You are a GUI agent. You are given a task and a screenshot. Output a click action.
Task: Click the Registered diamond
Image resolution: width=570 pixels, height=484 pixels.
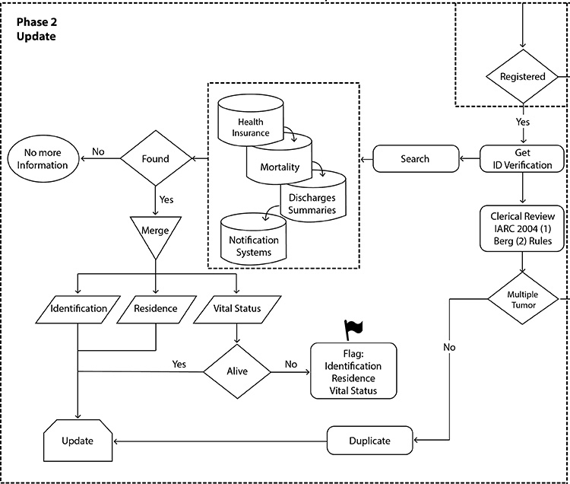pyautogui.click(x=522, y=77)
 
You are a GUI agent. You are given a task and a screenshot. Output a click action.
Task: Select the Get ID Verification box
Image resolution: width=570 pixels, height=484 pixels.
pyautogui.click(x=522, y=158)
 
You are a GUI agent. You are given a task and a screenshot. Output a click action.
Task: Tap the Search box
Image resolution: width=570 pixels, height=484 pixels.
pyautogui.click(x=414, y=159)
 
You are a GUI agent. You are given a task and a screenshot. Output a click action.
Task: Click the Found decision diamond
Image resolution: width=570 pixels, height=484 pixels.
pyautogui.click(x=155, y=158)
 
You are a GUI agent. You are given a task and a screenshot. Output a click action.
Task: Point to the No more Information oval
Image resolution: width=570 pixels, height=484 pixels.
pyautogui.click(x=48, y=158)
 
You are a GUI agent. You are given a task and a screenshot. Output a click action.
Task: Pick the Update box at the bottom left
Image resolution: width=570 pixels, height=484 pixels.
pyautogui.click(x=78, y=441)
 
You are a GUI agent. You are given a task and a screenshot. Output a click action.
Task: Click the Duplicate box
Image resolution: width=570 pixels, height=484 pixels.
pyautogui.click(x=369, y=441)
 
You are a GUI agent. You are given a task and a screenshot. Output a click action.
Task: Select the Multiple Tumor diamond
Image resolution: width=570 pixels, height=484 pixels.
pyautogui.click(x=522, y=299)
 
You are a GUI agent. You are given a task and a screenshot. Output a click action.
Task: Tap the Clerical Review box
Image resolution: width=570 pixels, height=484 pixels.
pyautogui.click(x=522, y=228)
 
